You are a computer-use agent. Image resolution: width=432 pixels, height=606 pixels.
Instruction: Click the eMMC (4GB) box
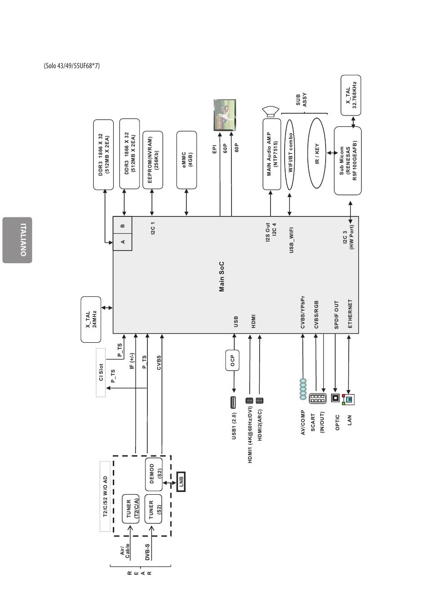(186, 160)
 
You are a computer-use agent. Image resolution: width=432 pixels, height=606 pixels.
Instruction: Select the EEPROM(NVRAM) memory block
(153, 160)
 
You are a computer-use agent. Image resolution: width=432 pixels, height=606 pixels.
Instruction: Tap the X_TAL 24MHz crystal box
(91, 319)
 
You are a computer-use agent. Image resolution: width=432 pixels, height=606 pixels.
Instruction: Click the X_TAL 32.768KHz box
(351, 95)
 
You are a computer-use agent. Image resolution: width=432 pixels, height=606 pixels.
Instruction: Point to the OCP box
(232, 361)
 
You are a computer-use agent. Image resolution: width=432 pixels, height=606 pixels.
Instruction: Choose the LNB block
(181, 481)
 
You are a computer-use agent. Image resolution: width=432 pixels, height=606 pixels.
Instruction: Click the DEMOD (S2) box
(154, 474)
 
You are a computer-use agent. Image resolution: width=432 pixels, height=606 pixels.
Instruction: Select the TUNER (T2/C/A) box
(131, 509)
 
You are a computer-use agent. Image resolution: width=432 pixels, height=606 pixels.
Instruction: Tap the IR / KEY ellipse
(316, 153)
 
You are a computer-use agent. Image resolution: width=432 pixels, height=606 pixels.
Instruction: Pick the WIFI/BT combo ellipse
(290, 155)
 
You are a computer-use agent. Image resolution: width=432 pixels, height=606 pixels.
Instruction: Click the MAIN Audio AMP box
(272, 154)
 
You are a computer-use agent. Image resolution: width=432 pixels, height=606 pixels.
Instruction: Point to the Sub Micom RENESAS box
(347, 160)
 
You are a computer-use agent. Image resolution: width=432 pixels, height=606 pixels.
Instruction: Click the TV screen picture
(225, 115)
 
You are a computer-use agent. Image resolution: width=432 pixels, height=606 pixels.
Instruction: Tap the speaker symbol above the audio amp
(271, 112)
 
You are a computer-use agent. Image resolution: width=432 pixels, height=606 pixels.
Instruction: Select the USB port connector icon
(233, 402)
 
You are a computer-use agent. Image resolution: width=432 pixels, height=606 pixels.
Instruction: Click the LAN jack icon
(348, 399)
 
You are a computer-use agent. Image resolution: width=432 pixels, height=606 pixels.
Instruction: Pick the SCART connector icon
(317, 399)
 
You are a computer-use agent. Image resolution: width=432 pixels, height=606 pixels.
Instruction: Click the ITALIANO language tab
(17, 240)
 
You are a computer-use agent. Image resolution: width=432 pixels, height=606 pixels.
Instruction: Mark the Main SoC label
(222, 276)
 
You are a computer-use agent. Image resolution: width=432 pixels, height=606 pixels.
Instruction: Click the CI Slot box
(100, 372)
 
